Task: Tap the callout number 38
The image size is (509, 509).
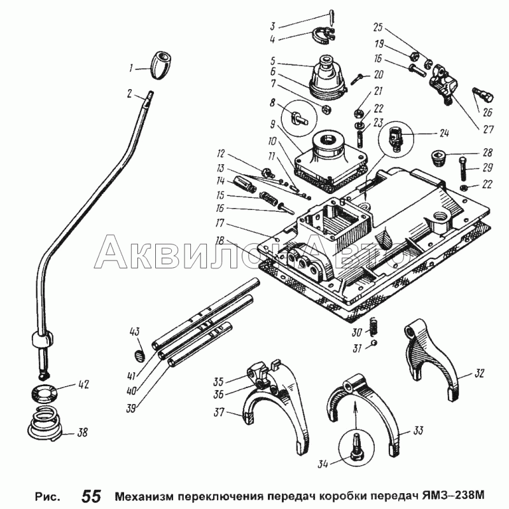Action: [x=83, y=432]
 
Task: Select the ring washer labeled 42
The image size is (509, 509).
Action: [x=45, y=393]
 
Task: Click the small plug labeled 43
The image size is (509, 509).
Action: [x=139, y=355]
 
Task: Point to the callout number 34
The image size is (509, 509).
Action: [x=323, y=464]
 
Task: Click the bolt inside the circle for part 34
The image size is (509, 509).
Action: [x=357, y=447]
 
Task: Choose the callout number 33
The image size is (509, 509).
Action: [x=418, y=431]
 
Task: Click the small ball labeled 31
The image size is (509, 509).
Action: [x=374, y=342]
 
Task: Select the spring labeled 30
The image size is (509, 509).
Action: [x=374, y=326]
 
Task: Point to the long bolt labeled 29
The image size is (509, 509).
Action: [x=463, y=169]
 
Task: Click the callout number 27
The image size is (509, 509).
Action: [x=488, y=129]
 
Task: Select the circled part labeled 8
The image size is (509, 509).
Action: [x=298, y=118]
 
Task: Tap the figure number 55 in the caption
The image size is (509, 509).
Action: [x=92, y=496]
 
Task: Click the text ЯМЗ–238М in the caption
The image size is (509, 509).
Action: [x=453, y=496]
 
